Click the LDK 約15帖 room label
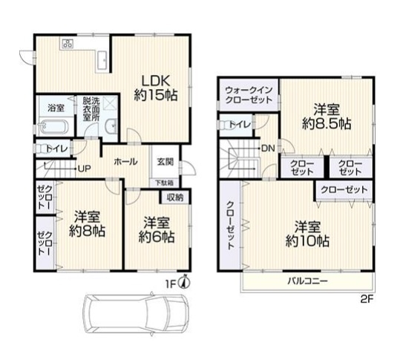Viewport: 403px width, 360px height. point(154,88)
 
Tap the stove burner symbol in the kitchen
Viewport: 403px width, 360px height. point(68,44)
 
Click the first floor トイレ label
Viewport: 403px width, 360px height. point(56,148)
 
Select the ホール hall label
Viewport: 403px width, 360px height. point(125,160)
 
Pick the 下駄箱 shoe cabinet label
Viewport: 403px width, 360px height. point(165,182)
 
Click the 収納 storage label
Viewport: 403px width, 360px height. point(175,197)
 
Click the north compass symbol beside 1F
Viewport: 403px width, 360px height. point(186,281)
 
